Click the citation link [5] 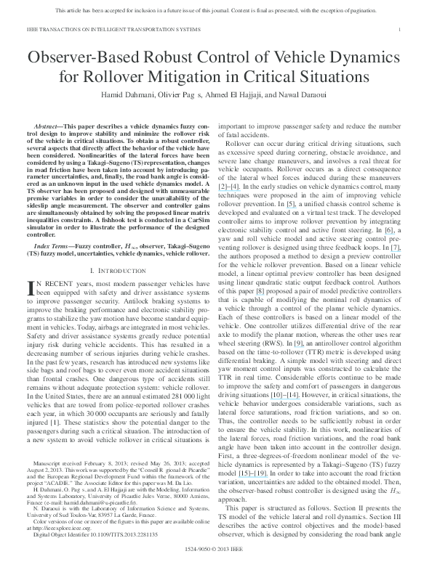pyautogui.click(x=289, y=205)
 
